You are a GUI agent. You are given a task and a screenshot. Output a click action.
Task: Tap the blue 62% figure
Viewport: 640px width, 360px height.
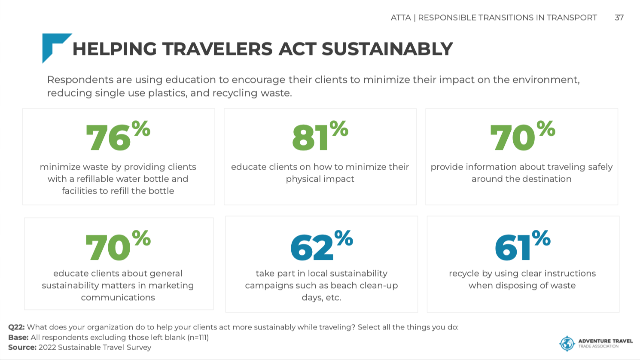pyautogui.click(x=322, y=245)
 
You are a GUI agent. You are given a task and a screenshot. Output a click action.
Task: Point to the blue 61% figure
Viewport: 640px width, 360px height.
pyautogui.click(x=523, y=245)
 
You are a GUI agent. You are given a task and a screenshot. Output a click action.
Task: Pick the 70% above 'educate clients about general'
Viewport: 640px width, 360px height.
pyautogui.click(x=118, y=245)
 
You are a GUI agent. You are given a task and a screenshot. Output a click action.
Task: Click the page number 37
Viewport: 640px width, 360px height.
pyautogui.click(x=619, y=18)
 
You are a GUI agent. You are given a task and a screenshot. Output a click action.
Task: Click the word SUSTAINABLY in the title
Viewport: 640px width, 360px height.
pyautogui.click(x=387, y=49)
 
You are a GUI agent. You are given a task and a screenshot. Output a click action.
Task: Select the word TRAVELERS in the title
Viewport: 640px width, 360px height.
pyautogui.click(x=217, y=49)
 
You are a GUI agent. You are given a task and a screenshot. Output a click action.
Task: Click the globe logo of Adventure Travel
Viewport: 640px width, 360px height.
pyautogui.click(x=567, y=343)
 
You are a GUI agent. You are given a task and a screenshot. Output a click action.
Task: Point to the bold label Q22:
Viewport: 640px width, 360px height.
pyautogui.click(x=17, y=327)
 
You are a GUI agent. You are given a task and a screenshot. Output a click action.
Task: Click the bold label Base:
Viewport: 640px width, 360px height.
pyautogui.click(x=18, y=337)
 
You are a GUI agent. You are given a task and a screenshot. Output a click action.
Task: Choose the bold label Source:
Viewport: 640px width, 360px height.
pyautogui.click(x=22, y=348)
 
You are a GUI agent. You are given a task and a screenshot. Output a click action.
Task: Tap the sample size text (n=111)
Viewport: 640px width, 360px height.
pyautogui.click(x=198, y=337)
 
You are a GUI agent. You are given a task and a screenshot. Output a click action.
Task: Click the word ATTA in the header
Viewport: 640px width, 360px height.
pyautogui.click(x=401, y=18)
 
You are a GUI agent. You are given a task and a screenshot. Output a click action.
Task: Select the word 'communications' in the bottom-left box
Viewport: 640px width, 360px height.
pyautogui.click(x=118, y=297)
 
